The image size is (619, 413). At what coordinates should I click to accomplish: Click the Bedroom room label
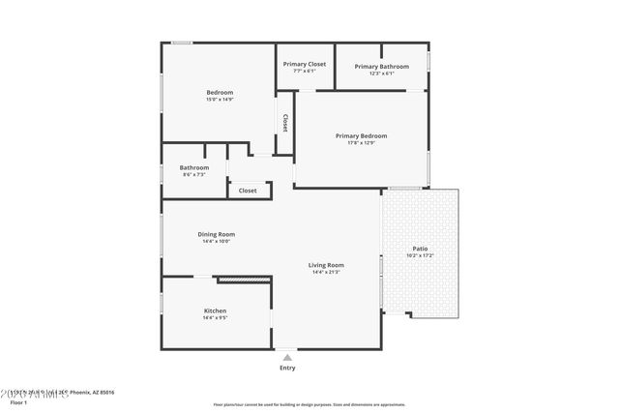(x=220, y=92)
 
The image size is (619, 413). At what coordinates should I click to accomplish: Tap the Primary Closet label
(x=305, y=64)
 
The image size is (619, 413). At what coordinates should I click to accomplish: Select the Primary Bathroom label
(x=381, y=66)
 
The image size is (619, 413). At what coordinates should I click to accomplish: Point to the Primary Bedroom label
(x=361, y=136)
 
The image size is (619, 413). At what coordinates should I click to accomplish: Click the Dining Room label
(x=217, y=234)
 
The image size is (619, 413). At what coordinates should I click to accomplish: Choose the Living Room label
(x=326, y=265)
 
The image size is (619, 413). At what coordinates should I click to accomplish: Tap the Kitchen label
(x=215, y=310)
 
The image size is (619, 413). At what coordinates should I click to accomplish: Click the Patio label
(x=420, y=249)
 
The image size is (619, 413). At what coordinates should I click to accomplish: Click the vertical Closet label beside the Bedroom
(x=285, y=123)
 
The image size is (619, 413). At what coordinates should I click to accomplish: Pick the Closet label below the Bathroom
(x=249, y=191)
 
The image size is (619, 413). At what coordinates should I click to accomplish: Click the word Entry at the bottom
(x=287, y=368)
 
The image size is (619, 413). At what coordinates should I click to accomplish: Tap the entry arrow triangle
(x=287, y=356)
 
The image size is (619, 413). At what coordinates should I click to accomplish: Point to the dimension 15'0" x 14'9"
(x=220, y=100)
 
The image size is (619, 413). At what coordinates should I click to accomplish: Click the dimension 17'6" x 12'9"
(x=361, y=144)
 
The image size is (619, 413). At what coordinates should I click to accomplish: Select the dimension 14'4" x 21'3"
(x=326, y=273)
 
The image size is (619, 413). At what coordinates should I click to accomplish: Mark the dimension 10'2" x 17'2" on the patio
(x=420, y=255)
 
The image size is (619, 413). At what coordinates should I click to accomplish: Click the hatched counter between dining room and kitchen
(x=243, y=280)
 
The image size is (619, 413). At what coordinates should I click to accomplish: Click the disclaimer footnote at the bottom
(x=309, y=404)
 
